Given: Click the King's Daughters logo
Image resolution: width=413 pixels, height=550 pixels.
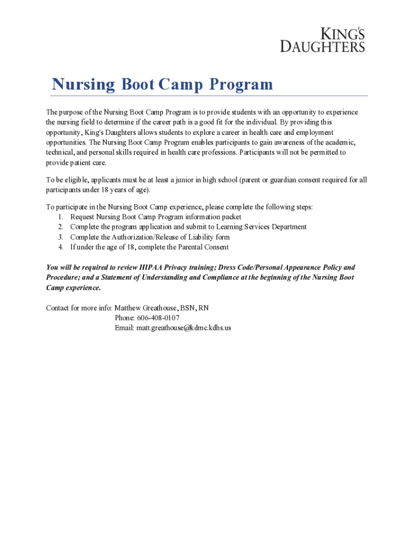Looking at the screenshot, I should pyautogui.click(x=323, y=39).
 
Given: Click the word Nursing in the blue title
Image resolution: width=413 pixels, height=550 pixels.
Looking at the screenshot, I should pyautogui.click(x=83, y=84).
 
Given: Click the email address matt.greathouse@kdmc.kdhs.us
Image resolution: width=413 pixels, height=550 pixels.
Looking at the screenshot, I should pyautogui.click(x=183, y=328).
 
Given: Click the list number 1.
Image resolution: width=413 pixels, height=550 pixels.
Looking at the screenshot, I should pyautogui.click(x=61, y=217).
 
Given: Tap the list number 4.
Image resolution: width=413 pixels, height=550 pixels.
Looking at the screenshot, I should pyautogui.click(x=61, y=247).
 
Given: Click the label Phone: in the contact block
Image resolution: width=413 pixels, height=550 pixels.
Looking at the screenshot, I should pyautogui.click(x=124, y=318).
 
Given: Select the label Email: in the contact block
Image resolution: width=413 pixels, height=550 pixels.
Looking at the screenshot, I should pyautogui.click(x=124, y=328).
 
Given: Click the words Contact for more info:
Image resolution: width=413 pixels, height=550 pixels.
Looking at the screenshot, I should pyautogui.click(x=79, y=308).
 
